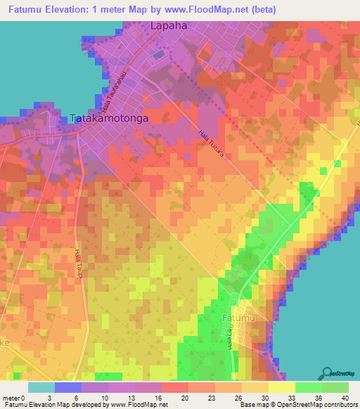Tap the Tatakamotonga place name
(x=109, y=119)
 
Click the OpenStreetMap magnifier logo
(x=328, y=372)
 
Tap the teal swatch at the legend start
(x=41, y=387)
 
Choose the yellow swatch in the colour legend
(x=281, y=387)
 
